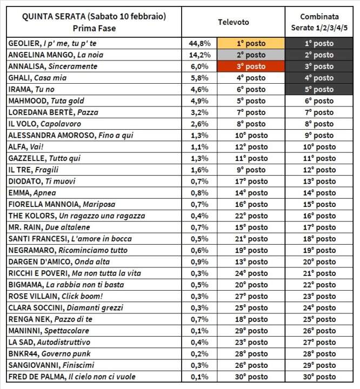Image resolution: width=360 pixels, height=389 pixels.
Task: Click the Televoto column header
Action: pyautogui.click(x=233, y=22)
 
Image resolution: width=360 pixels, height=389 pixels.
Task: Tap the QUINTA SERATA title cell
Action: pyautogui.click(x=94, y=22)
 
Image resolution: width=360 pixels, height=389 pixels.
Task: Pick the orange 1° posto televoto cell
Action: pyautogui.click(x=251, y=43)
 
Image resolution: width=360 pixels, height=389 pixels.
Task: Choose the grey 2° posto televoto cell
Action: pyautogui.click(x=251, y=55)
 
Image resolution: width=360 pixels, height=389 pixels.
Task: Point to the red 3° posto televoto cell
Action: pyautogui.click(x=251, y=66)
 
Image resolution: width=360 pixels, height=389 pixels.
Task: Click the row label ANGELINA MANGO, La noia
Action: pyautogui.click(x=56, y=55)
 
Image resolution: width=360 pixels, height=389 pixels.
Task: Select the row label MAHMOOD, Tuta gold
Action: pyautogui.click(x=46, y=100)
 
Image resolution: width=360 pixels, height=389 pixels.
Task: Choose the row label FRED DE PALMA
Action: pyautogui.click(x=72, y=377)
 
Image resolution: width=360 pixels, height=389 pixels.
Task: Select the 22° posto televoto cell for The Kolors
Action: pyautogui.click(x=251, y=216)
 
